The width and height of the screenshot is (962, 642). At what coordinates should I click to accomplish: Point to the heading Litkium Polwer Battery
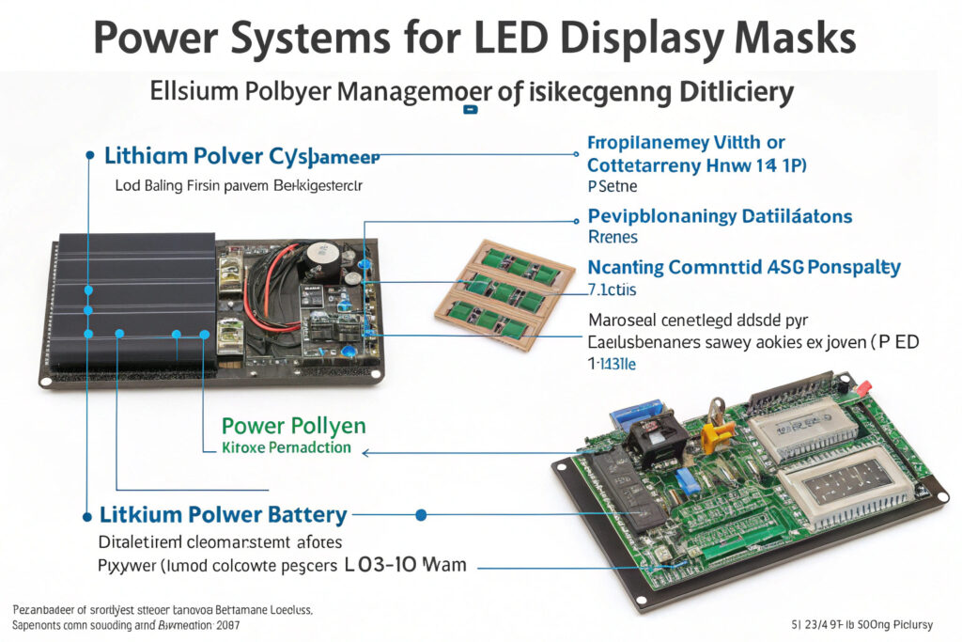click(x=224, y=515)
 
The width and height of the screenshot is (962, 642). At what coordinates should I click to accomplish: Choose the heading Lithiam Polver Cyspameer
click(x=242, y=155)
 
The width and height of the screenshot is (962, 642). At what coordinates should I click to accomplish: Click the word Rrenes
click(x=613, y=237)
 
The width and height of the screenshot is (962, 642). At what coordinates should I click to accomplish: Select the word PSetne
click(x=613, y=187)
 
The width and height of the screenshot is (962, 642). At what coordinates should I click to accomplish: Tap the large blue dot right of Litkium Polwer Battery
click(x=421, y=515)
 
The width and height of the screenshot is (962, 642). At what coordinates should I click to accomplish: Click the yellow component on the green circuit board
click(x=717, y=434)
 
